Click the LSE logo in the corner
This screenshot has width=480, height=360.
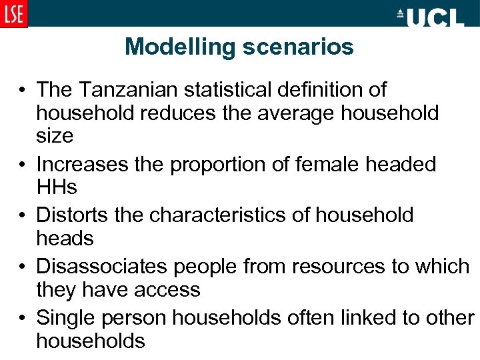14,13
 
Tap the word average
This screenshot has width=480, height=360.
285,113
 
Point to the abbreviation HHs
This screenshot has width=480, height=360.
57,188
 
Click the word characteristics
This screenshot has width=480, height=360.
229,215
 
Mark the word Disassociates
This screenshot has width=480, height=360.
102,266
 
